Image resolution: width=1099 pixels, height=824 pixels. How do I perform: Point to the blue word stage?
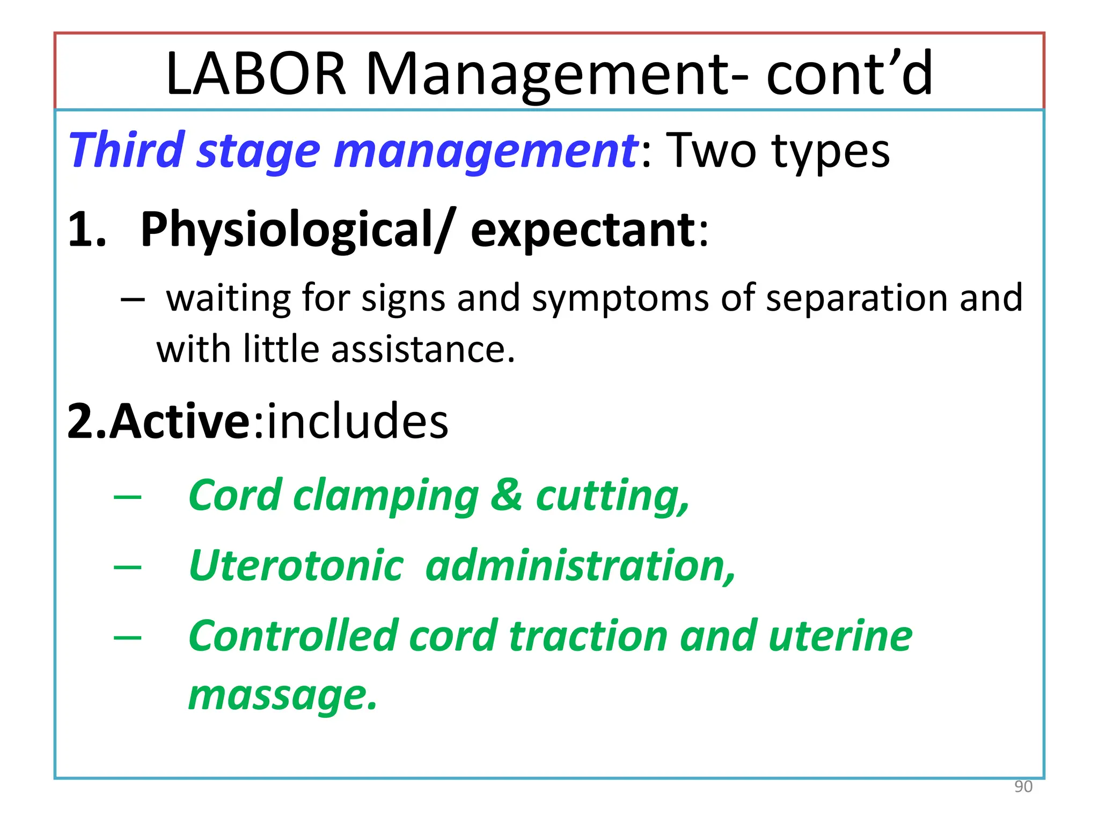pos(259,151)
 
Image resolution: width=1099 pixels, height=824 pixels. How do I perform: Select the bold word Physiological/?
pos(296,230)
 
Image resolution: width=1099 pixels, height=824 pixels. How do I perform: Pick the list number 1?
pos(86,230)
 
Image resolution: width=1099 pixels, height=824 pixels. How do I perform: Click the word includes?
pos(357,421)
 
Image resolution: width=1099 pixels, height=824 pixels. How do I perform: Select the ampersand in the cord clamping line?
pos(506,495)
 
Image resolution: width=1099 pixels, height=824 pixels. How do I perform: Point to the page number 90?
pos(1023,786)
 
